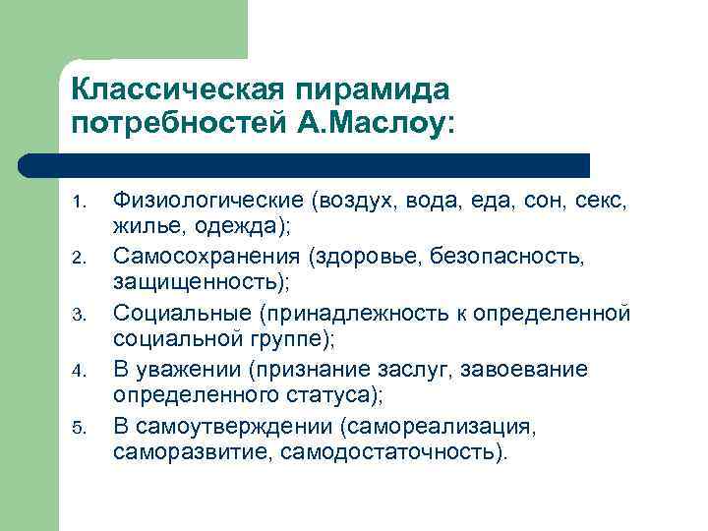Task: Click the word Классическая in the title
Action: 178,89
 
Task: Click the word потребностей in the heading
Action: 170,124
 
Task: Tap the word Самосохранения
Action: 206,257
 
